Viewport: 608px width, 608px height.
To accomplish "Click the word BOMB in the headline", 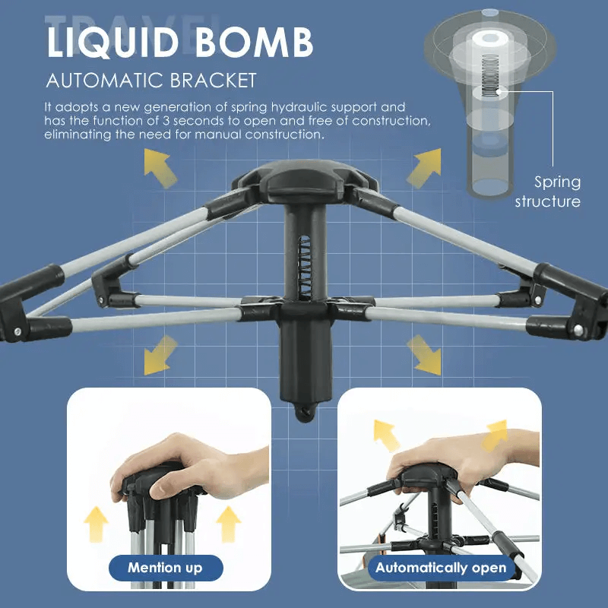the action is pyautogui.click(x=255, y=43).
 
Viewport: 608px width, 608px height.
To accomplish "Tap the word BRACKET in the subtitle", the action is pyautogui.click(x=214, y=81).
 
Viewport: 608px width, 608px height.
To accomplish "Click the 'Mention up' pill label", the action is pyautogui.click(x=166, y=568).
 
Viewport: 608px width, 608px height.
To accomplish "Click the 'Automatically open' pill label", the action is pyautogui.click(x=441, y=568).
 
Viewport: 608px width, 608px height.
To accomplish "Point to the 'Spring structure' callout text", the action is pyautogui.click(x=547, y=192).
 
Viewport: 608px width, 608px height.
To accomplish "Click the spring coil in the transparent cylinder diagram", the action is pyautogui.click(x=490, y=76).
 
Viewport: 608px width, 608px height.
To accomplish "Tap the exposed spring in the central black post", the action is pyautogui.click(x=305, y=268).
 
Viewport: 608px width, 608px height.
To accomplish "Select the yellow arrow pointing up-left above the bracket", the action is pyautogui.click(x=160, y=167).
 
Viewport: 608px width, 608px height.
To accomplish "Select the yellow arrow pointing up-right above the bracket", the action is pyautogui.click(x=425, y=167).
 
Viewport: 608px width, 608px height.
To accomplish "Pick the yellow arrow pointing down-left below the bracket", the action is pyautogui.click(x=160, y=356).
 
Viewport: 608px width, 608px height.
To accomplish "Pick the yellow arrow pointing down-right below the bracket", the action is pyautogui.click(x=425, y=355).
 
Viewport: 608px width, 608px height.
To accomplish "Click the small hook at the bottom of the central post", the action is pyautogui.click(x=306, y=413).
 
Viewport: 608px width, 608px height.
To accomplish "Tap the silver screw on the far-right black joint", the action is pyautogui.click(x=578, y=330).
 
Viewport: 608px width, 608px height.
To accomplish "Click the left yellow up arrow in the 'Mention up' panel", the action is pyautogui.click(x=96, y=524).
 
